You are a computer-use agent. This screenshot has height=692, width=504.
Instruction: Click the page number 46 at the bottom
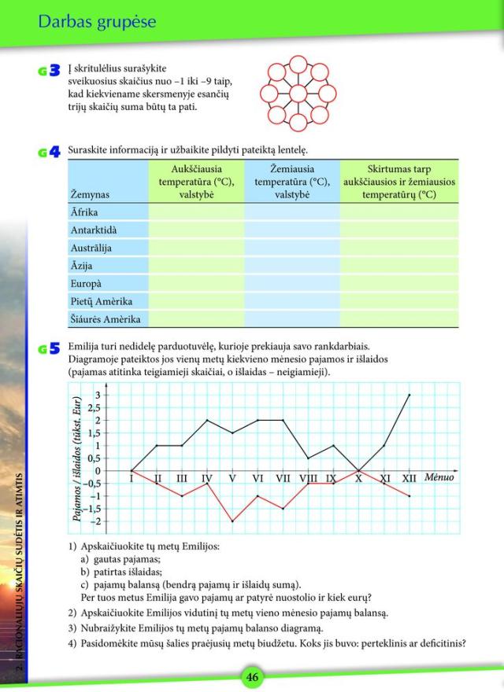(x=252, y=677)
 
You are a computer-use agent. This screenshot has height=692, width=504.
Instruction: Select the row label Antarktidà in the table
(x=94, y=229)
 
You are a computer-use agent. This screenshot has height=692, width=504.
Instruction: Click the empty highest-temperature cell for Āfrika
(x=196, y=211)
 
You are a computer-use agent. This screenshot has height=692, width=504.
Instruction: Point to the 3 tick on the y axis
(x=119, y=395)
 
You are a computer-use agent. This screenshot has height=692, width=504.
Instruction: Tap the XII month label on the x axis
(x=409, y=478)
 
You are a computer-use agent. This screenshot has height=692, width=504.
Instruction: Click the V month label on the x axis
(x=232, y=478)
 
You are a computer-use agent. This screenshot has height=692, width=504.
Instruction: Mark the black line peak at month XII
(x=409, y=395)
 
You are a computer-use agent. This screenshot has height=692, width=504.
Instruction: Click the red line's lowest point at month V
(x=232, y=521)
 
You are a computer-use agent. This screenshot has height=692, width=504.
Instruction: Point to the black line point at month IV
(x=207, y=420)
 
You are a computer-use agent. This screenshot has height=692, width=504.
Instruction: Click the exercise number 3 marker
(x=51, y=71)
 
